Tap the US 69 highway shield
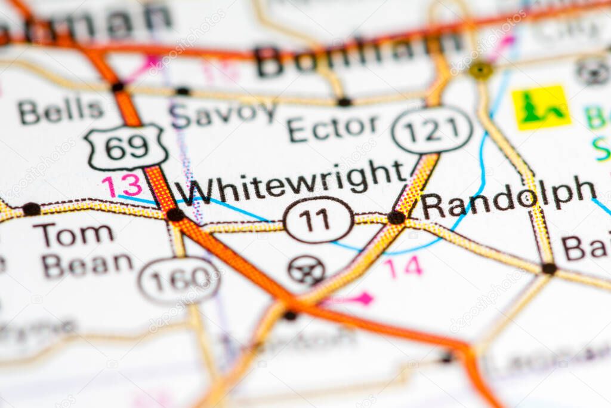click(x=125, y=147)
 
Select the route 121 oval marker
click(x=432, y=130)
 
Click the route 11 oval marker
click(x=318, y=220)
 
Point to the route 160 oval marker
click(x=179, y=280)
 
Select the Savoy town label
click(x=223, y=113)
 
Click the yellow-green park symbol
click(x=541, y=108)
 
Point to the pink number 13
click(x=122, y=186)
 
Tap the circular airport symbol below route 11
click(x=306, y=270)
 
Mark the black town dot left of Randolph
click(x=396, y=217)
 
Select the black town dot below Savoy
click(x=183, y=91)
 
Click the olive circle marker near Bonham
click(x=480, y=70)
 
